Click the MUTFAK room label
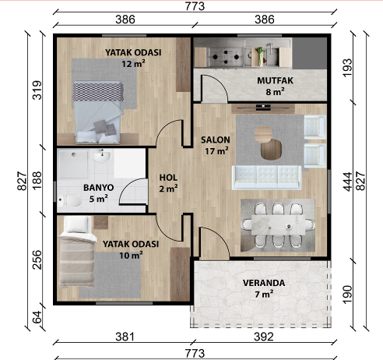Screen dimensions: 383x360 pyautogui.click(x=275, y=80)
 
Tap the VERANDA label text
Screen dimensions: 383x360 pyautogui.click(x=264, y=283)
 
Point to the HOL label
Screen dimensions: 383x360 pyautogui.click(x=168, y=178)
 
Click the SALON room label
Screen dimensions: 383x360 pyautogui.click(x=216, y=139)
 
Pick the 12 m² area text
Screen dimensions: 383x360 pyautogui.click(x=133, y=64)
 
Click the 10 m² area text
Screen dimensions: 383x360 pyautogui.click(x=131, y=255)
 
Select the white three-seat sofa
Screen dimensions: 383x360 pyautogui.click(x=267, y=178)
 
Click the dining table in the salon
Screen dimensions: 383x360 pyautogui.click(x=279, y=225)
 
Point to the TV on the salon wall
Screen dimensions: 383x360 pyautogui.click(x=263, y=107)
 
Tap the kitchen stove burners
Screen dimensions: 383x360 pyautogui.click(x=226, y=57)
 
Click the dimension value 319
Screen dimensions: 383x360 pyautogui.click(x=37, y=90)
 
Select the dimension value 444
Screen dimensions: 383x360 pyautogui.click(x=348, y=182)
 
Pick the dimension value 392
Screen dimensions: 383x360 pyautogui.click(x=264, y=337)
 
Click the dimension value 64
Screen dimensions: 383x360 pyautogui.click(x=37, y=317)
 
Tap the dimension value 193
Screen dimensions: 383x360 pyautogui.click(x=348, y=68)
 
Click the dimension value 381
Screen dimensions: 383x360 pyautogui.click(x=125, y=337)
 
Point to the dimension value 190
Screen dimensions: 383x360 pyautogui.click(x=348, y=295)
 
